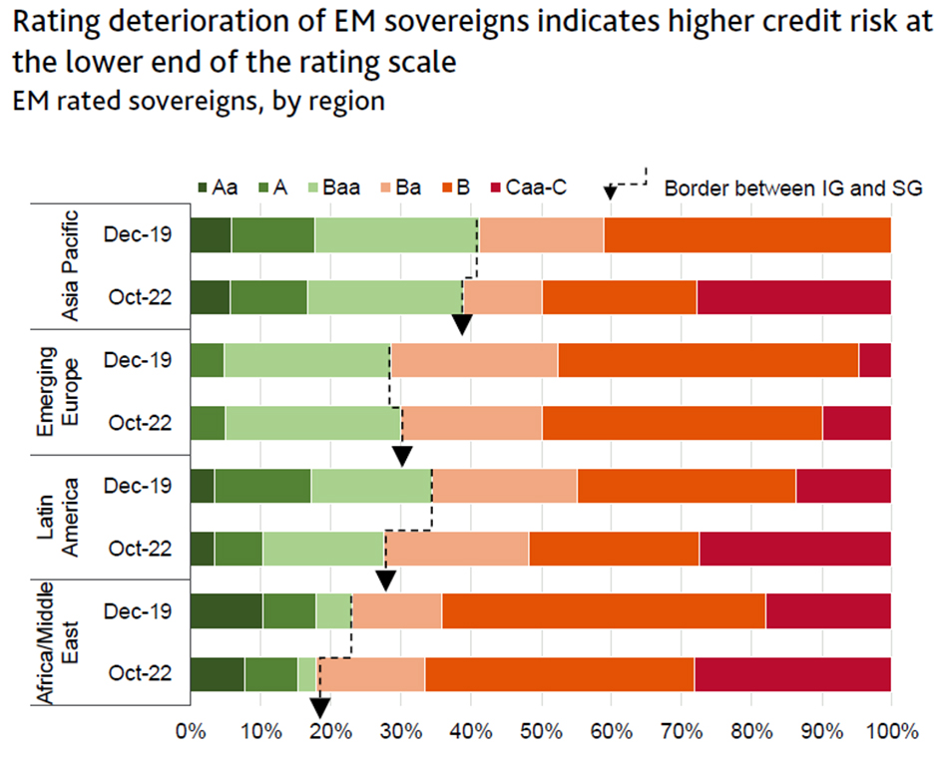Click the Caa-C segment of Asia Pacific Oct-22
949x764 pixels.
click(793, 297)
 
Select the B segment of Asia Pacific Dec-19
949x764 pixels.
click(746, 235)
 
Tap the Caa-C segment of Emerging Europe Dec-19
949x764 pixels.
click(874, 360)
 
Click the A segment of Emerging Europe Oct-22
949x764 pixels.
click(207, 423)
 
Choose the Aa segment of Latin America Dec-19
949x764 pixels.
click(202, 486)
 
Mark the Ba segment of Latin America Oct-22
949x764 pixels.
click(457, 549)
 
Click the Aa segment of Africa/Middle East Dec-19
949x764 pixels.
click(226, 611)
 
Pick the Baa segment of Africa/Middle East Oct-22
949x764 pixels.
click(307, 674)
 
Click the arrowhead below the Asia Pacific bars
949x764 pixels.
click(461, 324)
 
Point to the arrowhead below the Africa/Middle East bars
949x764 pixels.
click(319, 706)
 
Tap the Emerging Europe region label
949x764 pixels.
click(57, 391)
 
